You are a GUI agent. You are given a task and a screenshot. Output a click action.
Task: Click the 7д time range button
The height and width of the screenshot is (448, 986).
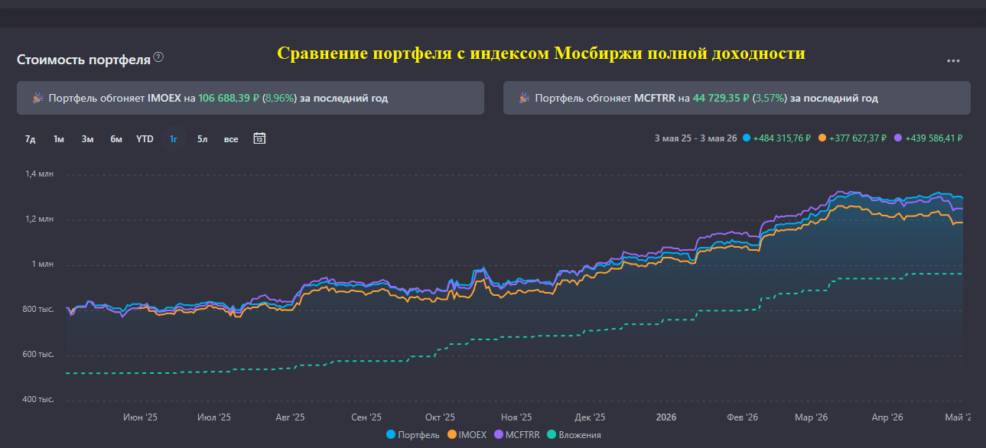click(x=30, y=139)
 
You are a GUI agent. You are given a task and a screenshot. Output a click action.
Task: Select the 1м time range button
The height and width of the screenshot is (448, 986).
click(x=59, y=139)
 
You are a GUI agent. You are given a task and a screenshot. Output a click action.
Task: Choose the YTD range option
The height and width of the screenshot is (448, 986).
click(x=145, y=139)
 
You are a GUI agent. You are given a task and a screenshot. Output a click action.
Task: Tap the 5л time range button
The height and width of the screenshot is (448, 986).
click(x=202, y=139)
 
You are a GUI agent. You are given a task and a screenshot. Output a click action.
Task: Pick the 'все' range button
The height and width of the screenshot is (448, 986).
click(x=231, y=139)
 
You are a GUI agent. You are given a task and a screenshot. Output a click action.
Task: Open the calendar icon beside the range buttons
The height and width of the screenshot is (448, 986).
click(x=259, y=138)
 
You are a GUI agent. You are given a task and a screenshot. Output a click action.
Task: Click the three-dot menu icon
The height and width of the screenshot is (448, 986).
click(x=953, y=60)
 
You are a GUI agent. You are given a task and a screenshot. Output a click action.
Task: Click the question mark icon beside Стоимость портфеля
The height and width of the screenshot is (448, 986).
click(x=158, y=57)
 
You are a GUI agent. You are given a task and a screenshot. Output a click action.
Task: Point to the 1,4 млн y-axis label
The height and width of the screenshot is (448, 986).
click(x=39, y=174)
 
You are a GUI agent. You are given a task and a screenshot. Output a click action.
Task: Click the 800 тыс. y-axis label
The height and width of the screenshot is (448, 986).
click(x=38, y=309)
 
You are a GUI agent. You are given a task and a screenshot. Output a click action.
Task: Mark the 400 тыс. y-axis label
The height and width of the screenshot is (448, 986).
click(x=38, y=399)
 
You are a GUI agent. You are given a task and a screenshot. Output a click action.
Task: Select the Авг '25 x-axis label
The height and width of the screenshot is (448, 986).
click(x=290, y=417)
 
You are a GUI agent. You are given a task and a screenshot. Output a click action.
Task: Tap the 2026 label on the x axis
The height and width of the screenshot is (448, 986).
click(x=666, y=417)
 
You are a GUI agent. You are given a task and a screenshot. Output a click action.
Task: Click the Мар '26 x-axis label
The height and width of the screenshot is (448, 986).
click(x=812, y=417)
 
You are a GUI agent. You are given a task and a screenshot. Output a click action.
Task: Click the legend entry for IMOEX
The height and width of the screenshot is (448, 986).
click(x=467, y=435)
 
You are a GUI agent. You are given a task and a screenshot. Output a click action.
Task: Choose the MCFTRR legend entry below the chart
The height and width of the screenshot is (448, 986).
click(x=517, y=435)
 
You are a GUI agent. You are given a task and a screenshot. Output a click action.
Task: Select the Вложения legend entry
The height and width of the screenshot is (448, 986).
click(x=574, y=435)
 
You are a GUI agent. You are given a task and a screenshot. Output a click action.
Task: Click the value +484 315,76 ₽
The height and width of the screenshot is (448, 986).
click(x=782, y=138)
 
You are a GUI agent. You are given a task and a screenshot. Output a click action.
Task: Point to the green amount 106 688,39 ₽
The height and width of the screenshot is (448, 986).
click(x=229, y=98)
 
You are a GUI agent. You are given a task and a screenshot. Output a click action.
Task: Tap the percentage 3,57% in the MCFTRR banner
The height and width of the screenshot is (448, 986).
click(x=769, y=98)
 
